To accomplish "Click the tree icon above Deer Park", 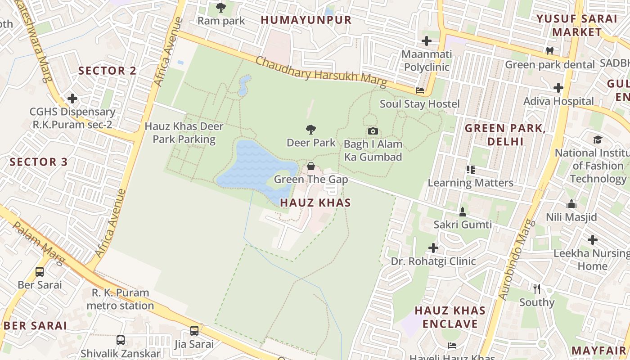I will (310, 130).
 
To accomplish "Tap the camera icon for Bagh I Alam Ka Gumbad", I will (373, 131).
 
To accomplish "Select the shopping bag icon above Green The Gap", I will (310, 166).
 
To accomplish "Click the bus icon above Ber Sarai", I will (40, 272).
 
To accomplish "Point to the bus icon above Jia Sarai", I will (194, 331).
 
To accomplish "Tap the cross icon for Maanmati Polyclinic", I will (426, 41).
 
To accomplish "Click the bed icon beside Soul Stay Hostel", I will (420, 90).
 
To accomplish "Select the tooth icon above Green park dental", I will (549, 51).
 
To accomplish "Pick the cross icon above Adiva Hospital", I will (558, 88).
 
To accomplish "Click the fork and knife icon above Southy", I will (536, 288).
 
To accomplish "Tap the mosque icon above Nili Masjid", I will (571, 204).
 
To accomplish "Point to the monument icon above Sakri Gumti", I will (462, 211).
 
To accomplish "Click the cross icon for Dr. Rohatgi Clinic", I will (433, 248).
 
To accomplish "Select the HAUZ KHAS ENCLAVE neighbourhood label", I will (450, 317).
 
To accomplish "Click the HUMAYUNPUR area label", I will (306, 20).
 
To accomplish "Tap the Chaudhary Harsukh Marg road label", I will (321, 72).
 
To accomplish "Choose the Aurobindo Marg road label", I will (515, 260).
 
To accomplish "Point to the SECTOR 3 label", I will (39, 162).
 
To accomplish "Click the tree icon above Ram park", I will (221, 8).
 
